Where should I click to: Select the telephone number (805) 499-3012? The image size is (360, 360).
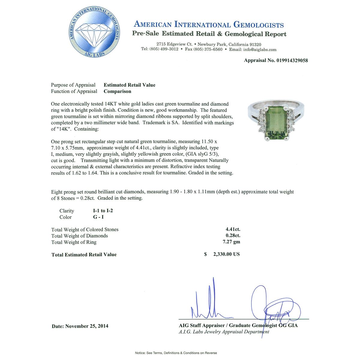tap(164, 49)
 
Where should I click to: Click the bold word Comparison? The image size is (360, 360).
tap(117, 91)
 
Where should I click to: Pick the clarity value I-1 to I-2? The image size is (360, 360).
tap(103, 211)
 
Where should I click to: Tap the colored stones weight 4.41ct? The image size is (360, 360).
tap(233, 229)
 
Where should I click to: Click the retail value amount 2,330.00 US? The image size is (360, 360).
tap(226, 254)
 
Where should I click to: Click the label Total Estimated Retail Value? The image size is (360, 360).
tap(84, 254)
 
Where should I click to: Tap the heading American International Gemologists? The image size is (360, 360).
tap(208, 25)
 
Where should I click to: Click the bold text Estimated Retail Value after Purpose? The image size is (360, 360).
tap(129, 85)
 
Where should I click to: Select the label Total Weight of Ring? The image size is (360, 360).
tap(74, 242)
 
